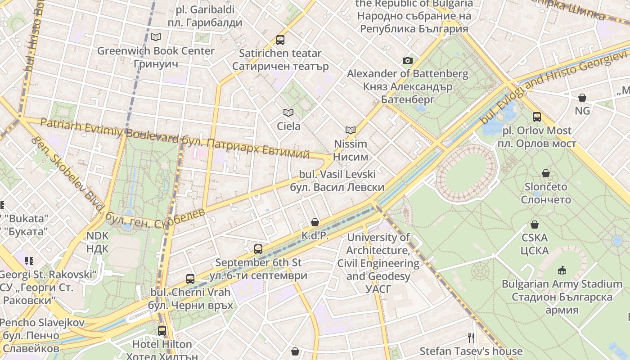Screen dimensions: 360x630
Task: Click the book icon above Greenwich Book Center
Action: tap(156, 37)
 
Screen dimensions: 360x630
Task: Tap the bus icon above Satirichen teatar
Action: tap(280, 40)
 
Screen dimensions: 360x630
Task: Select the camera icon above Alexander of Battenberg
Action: tap(408, 60)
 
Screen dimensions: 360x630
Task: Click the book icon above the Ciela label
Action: tap(288, 112)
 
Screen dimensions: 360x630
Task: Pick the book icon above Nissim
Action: tap(351, 130)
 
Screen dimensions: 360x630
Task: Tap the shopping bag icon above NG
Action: tap(582, 98)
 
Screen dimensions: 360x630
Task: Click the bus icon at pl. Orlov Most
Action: tap(537, 117)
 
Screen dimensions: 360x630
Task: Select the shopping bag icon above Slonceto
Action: tap(546, 173)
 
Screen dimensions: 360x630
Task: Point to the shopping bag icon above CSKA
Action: tap(535, 225)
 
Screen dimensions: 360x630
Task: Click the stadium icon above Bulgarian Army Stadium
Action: tap(562, 270)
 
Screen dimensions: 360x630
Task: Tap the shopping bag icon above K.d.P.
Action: tap(315, 222)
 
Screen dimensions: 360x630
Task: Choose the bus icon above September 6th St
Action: tap(258, 249)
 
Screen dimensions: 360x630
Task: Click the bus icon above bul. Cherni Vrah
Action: tap(190, 279)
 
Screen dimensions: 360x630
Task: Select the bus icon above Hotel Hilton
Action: tap(162, 331)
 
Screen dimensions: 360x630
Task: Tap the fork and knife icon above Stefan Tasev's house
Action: tap(471, 337)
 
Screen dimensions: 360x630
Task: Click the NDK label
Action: tap(98, 242)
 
